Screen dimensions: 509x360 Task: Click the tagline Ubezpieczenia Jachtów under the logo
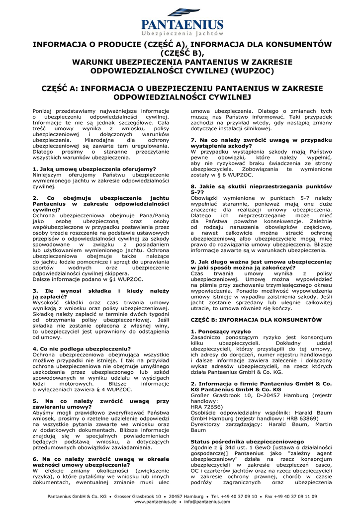tap(182, 33)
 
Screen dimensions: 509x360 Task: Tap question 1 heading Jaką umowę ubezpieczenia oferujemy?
tap(94, 169)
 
